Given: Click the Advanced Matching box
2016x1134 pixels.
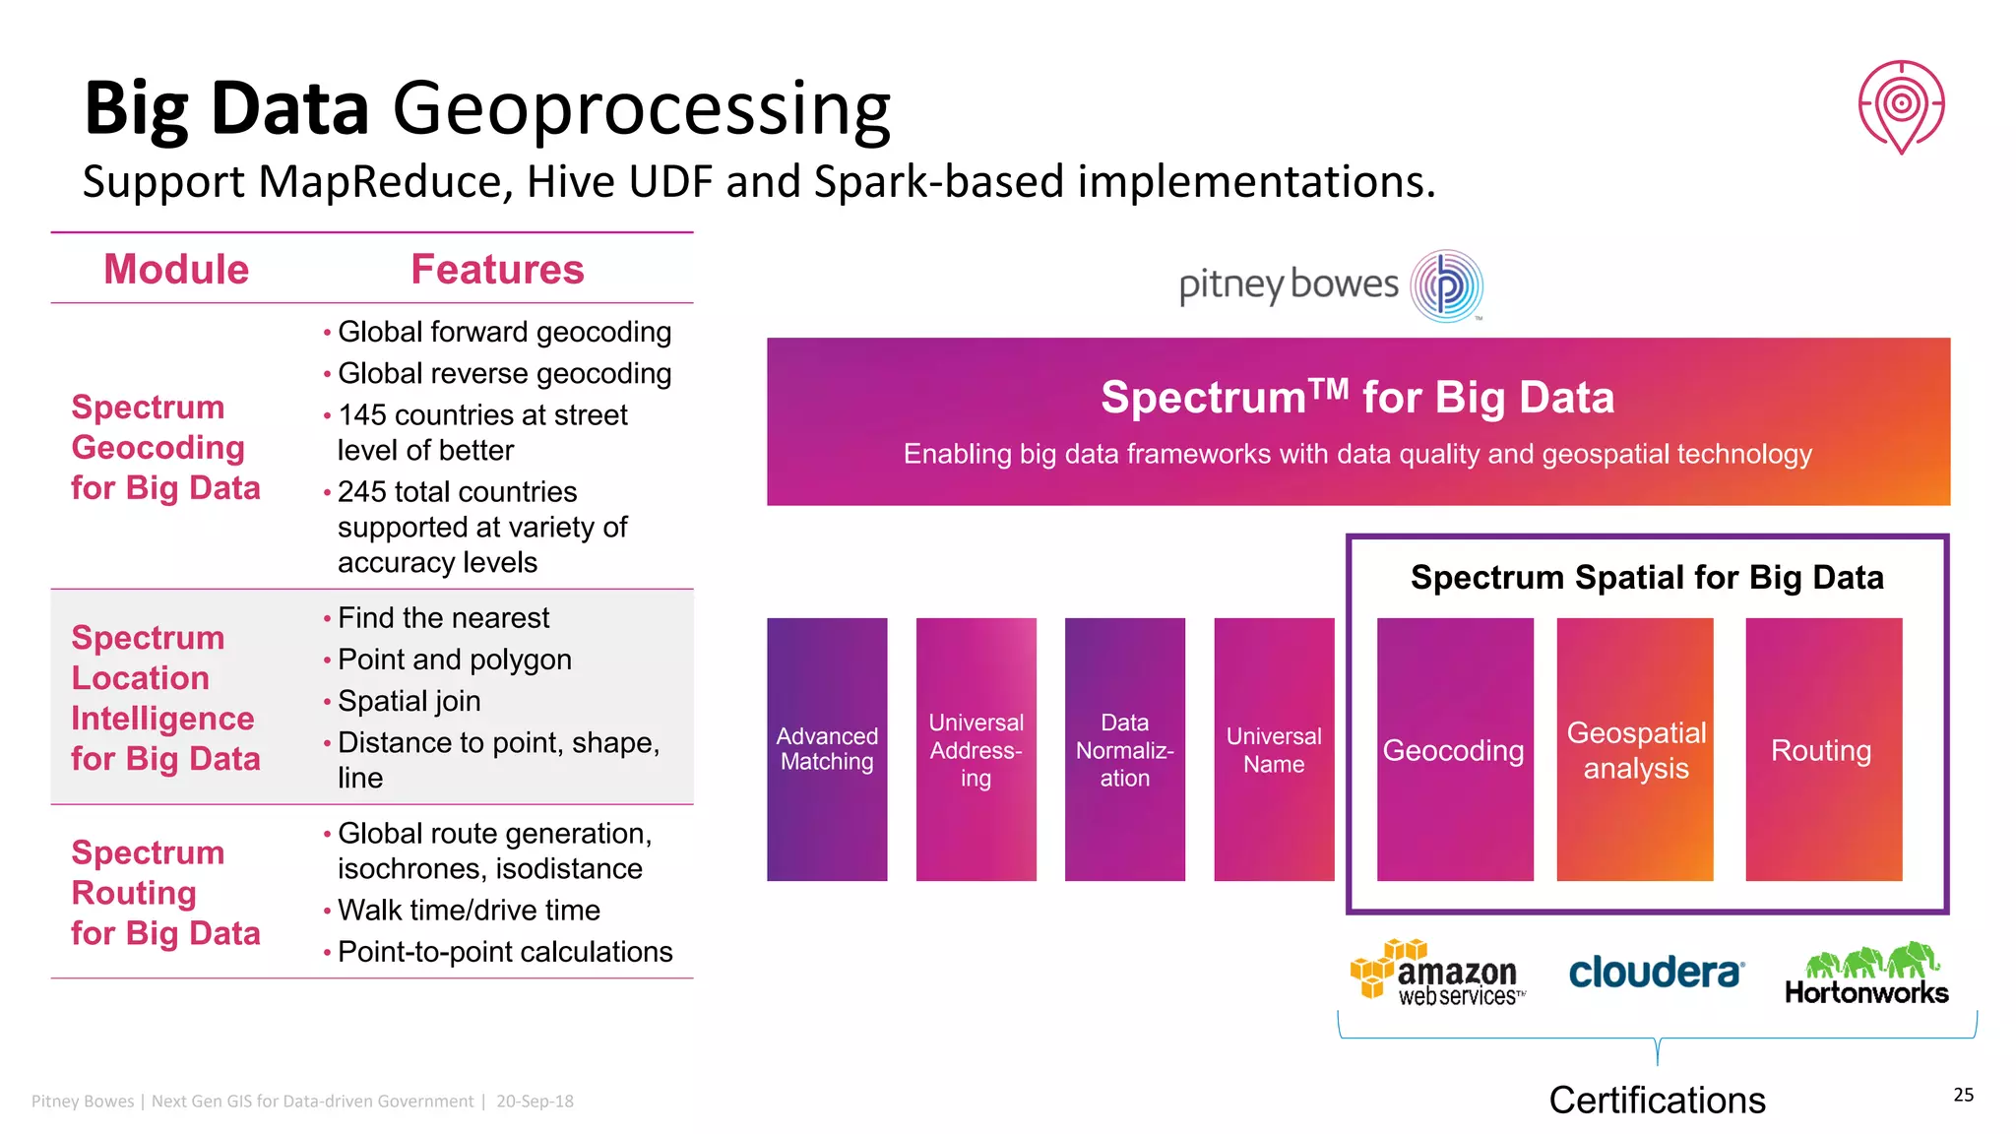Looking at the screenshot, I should click(827, 749).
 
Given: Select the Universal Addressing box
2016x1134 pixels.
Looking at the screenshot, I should click(976, 749).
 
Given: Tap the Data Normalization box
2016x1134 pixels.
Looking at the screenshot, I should click(1124, 749).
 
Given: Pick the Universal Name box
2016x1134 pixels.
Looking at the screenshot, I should click(1274, 749).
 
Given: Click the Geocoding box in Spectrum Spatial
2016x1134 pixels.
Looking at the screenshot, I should click(1454, 749).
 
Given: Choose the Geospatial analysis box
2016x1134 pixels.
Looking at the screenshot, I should click(1635, 749).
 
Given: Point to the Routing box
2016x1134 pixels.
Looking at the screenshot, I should click(1822, 749).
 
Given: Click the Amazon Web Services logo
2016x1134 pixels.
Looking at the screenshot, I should click(1438, 973).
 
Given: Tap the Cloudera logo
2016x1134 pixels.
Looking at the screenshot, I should click(1656, 973).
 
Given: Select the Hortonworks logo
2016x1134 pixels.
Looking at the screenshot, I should click(1866, 974).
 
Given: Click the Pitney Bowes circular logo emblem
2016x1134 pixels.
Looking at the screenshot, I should click(1446, 286).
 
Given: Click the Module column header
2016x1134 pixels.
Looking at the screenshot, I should click(176, 270).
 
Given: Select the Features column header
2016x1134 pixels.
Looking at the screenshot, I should click(497, 270).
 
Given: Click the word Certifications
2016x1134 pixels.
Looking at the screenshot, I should click(1657, 1101).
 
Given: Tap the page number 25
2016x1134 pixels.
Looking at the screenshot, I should click(1963, 1095).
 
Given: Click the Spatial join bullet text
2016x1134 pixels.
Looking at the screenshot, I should click(409, 701).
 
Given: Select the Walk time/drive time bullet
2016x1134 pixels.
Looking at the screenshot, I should click(469, 911).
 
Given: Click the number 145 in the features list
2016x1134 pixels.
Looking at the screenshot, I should click(362, 415).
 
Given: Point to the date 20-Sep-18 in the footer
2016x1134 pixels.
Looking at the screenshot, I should click(535, 1102).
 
